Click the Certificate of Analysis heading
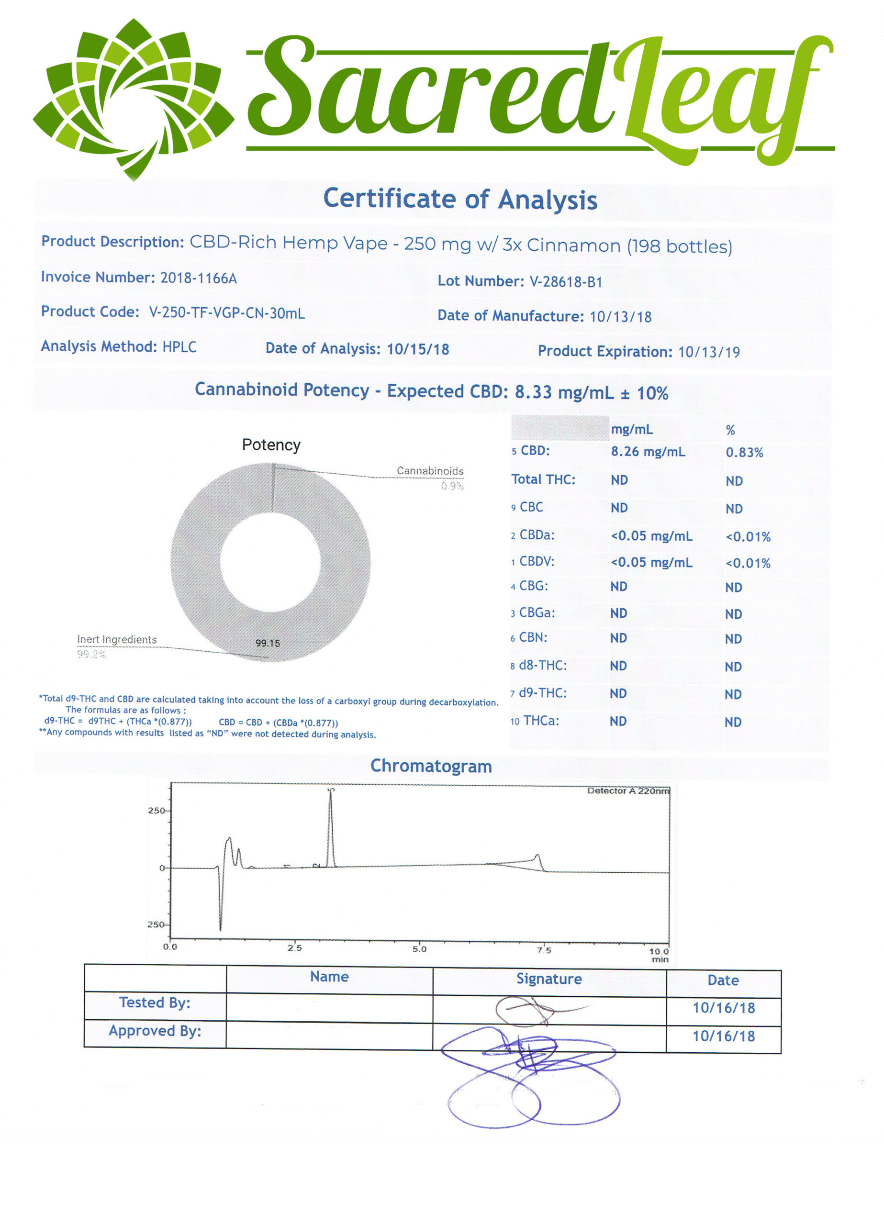460,199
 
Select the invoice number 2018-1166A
198,278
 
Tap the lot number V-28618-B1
565,282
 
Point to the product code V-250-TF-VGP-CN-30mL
226,313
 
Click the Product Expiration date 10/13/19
708,352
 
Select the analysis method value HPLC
179,347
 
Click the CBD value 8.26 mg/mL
648,452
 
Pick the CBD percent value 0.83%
744,453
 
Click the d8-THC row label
542,666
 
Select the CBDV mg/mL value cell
651,562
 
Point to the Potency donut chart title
271,445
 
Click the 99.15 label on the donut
268,643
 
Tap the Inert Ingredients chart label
117,639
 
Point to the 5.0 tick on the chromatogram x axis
419,949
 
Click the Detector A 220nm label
628,791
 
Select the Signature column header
548,979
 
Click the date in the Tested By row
724,1008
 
